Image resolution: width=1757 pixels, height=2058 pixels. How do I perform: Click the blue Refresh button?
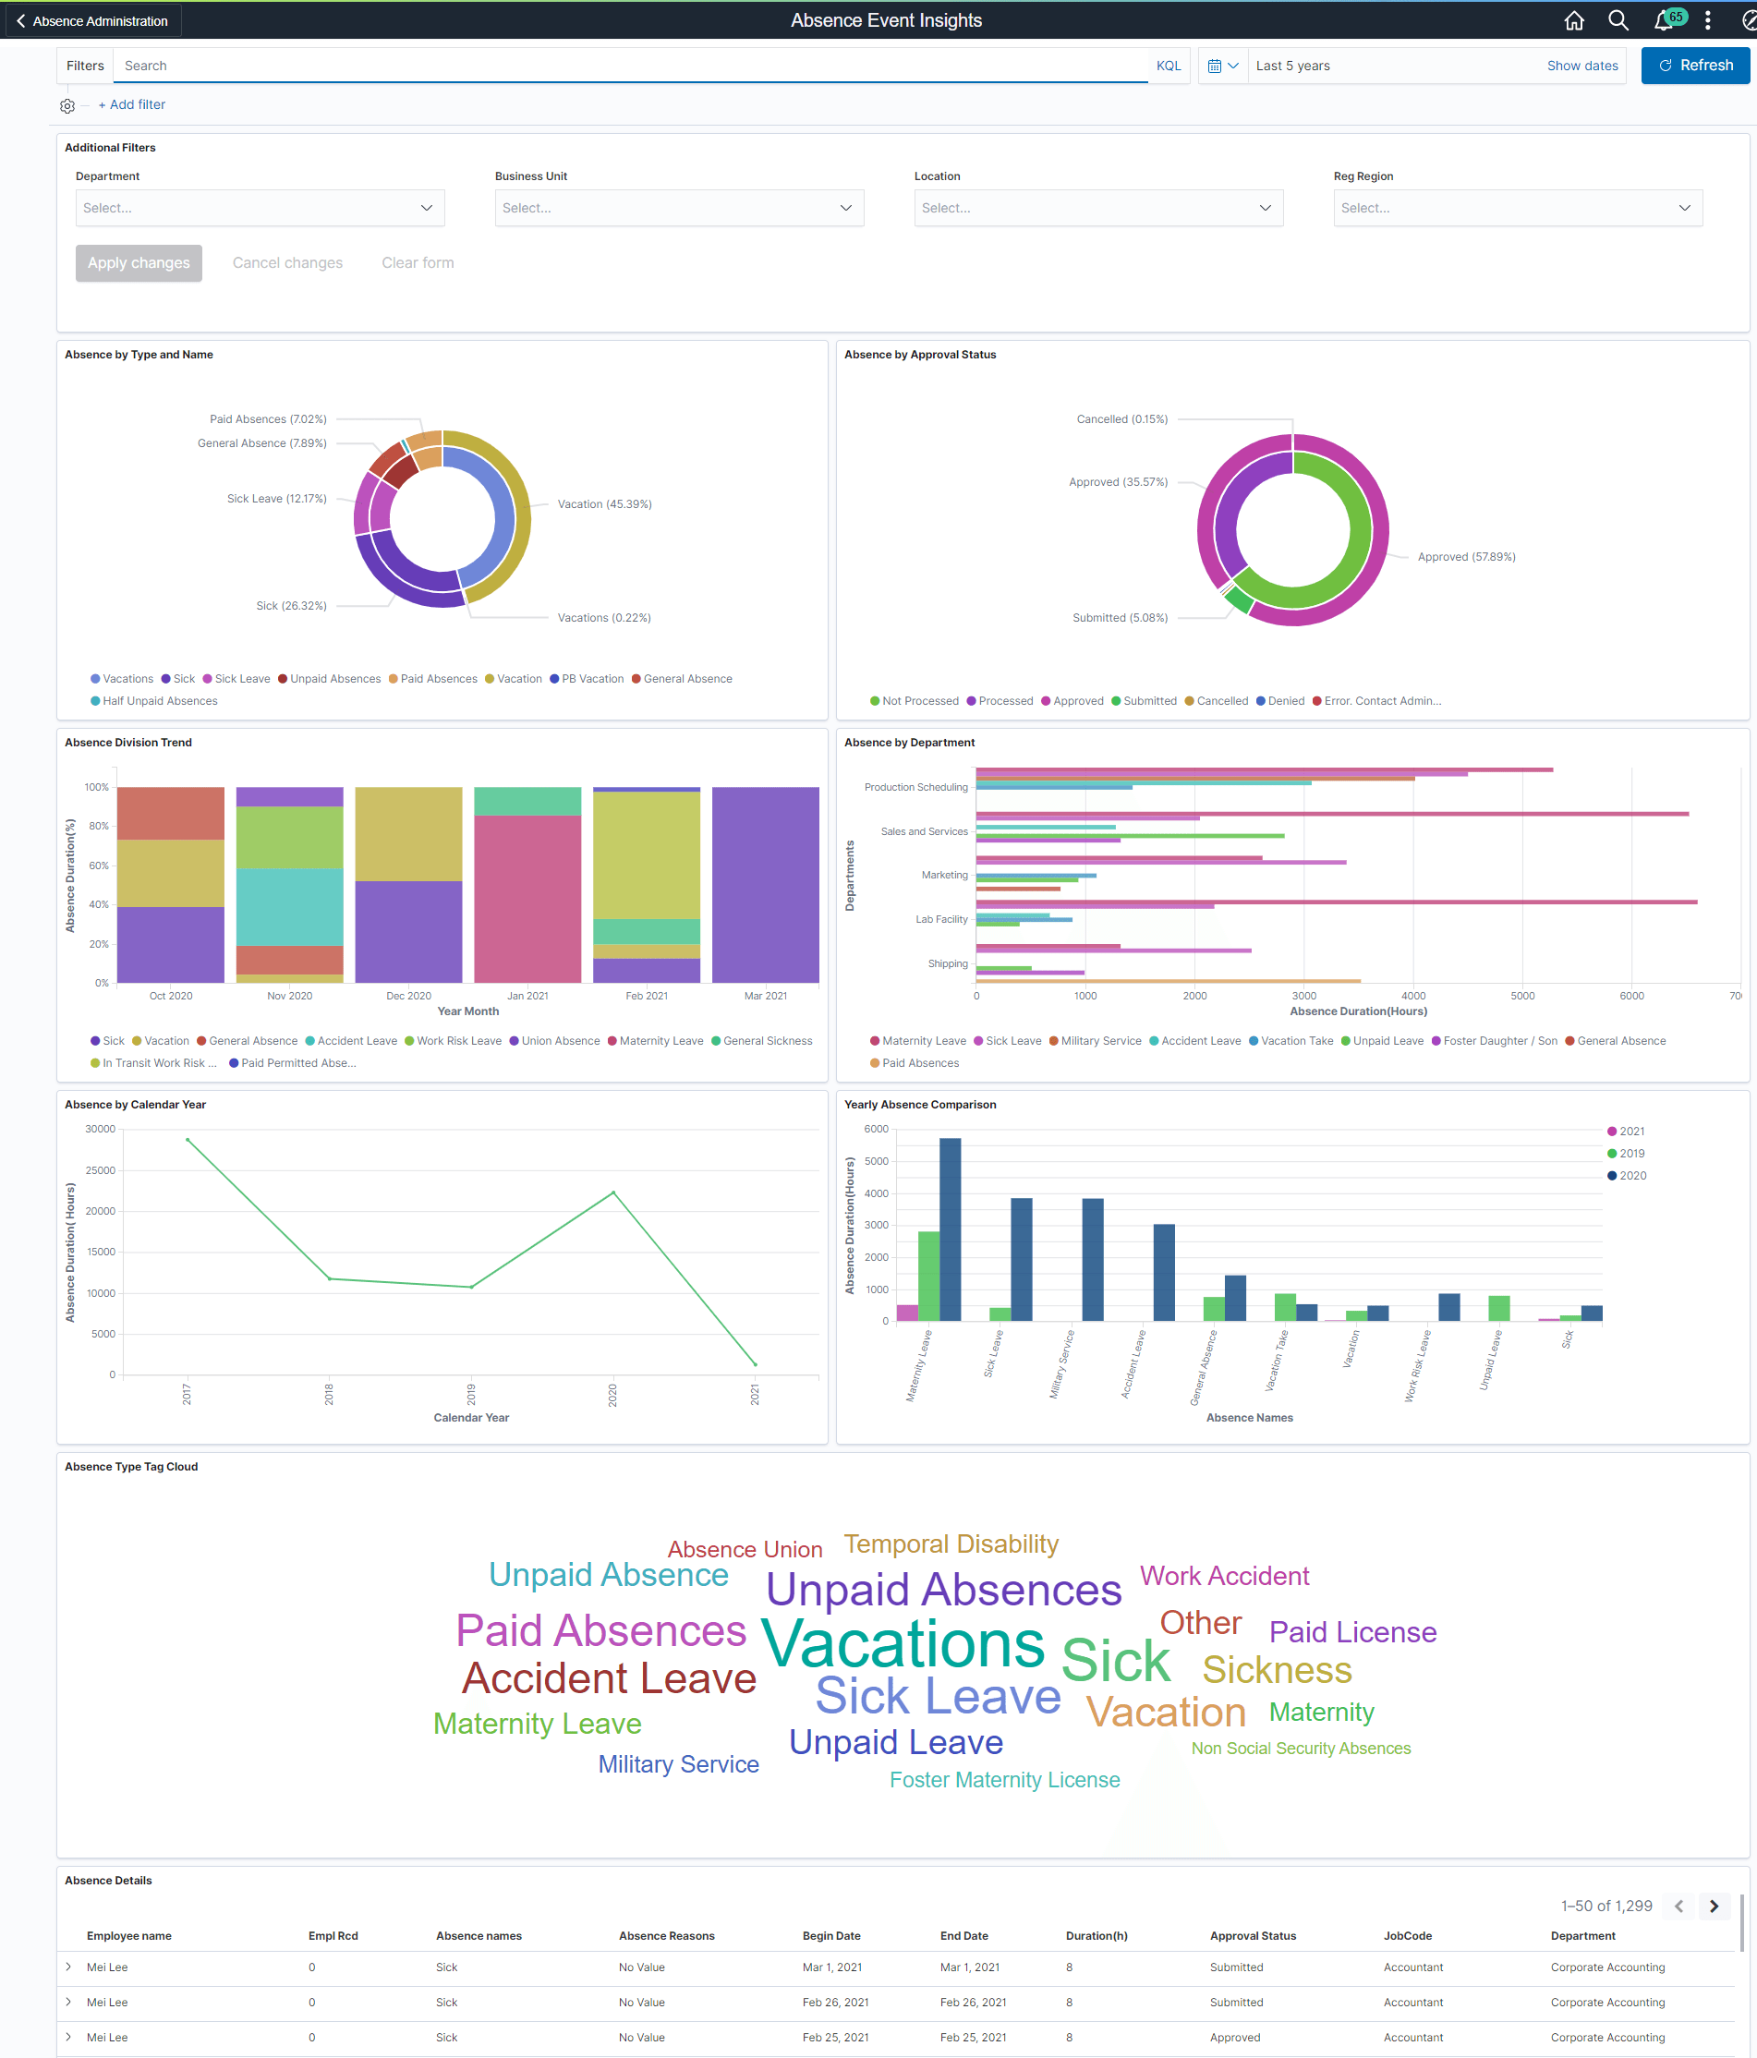click(x=1694, y=66)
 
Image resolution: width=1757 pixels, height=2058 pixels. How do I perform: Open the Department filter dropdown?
click(x=260, y=208)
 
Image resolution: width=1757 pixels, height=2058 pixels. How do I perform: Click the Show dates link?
click(x=1581, y=66)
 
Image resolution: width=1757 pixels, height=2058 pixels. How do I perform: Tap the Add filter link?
click(x=132, y=104)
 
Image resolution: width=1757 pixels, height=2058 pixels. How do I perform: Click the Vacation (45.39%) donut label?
click(x=604, y=504)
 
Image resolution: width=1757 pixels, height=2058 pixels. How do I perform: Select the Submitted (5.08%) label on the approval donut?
click(x=1120, y=618)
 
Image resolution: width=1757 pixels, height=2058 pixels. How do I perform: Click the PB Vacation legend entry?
click(x=592, y=679)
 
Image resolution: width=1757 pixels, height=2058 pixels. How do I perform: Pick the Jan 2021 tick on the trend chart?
click(x=527, y=995)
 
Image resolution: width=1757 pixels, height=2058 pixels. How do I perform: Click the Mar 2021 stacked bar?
click(x=765, y=884)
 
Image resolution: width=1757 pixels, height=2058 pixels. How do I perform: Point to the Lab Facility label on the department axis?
click(x=940, y=920)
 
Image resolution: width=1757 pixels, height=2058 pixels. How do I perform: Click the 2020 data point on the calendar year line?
click(x=613, y=1192)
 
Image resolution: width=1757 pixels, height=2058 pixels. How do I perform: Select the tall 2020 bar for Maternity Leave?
click(x=950, y=1229)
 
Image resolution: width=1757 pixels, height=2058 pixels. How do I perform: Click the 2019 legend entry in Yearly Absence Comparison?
click(x=1630, y=1153)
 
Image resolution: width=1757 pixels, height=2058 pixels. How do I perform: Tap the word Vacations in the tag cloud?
click(x=903, y=1645)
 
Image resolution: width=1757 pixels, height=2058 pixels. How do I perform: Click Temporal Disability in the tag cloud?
click(x=951, y=1544)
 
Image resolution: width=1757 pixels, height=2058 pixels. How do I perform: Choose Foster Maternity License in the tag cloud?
click(x=1004, y=1780)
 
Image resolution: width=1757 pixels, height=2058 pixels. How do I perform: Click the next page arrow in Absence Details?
click(x=1714, y=1906)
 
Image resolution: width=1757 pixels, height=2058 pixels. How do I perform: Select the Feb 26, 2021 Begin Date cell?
click(x=834, y=2003)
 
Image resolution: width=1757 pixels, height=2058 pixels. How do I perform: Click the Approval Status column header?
click(x=1253, y=1936)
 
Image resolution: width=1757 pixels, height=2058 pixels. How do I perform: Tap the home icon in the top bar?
click(x=1573, y=20)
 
